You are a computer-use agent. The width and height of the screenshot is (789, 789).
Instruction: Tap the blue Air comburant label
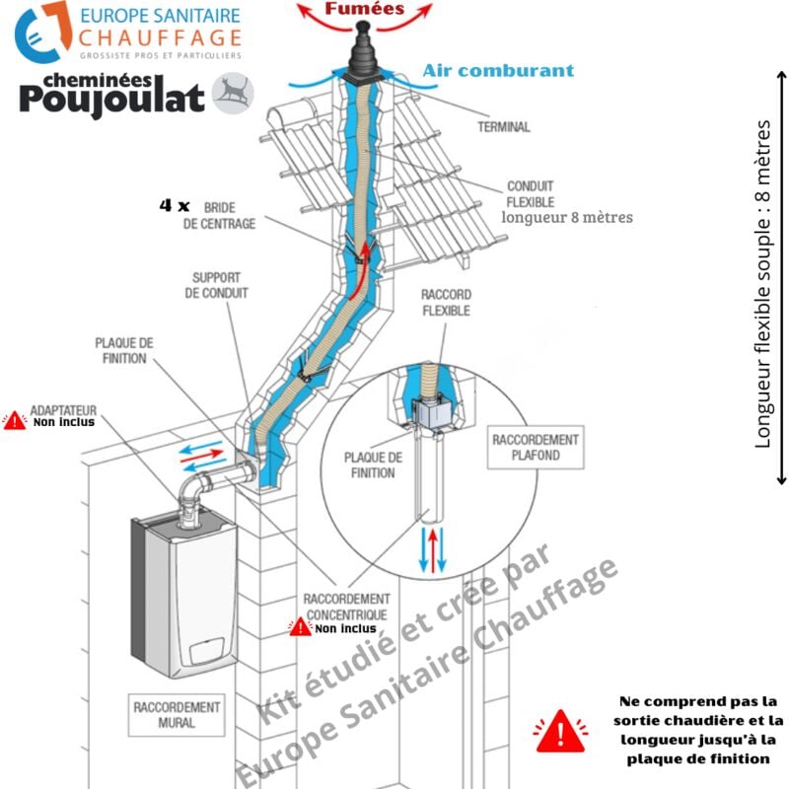pyautogui.click(x=498, y=71)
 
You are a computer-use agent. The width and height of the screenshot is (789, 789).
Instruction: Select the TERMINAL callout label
pyautogui.click(x=503, y=127)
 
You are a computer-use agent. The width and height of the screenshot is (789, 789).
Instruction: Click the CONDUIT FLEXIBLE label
pyautogui.click(x=531, y=193)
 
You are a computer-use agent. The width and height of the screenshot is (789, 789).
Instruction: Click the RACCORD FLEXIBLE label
pyautogui.click(x=446, y=302)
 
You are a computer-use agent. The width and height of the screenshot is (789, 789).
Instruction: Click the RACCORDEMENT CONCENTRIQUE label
pyautogui.click(x=345, y=607)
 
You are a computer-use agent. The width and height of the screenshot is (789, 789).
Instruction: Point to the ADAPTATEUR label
pyautogui.click(x=65, y=407)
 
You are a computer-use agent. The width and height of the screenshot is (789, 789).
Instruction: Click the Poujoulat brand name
pyautogui.click(x=112, y=98)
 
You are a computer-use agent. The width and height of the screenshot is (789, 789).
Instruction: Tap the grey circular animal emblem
pyautogui.click(x=233, y=93)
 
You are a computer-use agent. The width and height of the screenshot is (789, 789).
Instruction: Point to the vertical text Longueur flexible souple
pyautogui.click(x=762, y=285)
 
